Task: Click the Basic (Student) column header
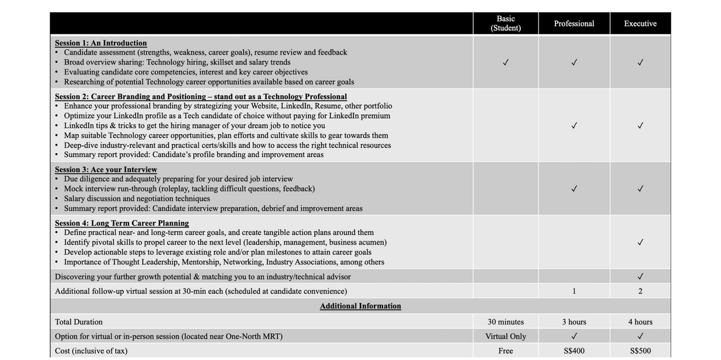click(x=505, y=23)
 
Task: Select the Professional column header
click(x=574, y=24)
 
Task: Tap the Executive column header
click(x=640, y=24)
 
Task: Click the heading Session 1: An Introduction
click(x=101, y=43)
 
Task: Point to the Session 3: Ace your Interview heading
click(x=106, y=170)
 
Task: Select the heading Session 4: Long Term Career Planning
click(x=122, y=223)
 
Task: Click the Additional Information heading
click(x=360, y=306)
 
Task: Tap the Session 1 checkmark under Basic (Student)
click(x=505, y=62)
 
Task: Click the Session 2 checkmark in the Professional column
click(x=574, y=125)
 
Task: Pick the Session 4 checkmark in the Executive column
click(x=640, y=242)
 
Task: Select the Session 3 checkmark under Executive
click(x=640, y=188)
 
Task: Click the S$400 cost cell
click(x=574, y=351)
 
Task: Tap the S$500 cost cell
click(x=640, y=351)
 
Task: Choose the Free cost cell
click(x=505, y=351)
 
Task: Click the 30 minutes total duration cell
click(x=505, y=322)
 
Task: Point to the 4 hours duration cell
click(x=640, y=322)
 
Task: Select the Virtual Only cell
click(x=505, y=336)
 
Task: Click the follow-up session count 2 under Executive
click(x=640, y=291)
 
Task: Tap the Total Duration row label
click(x=78, y=322)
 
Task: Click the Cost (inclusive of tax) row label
click(x=91, y=351)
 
